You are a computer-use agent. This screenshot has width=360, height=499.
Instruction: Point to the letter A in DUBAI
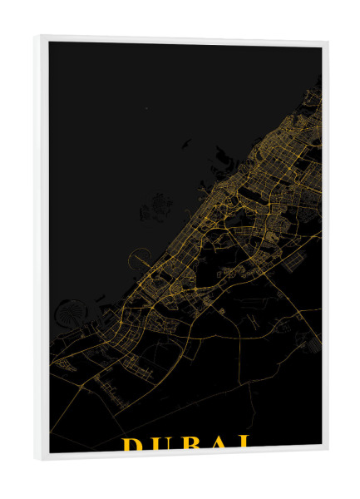[219, 444]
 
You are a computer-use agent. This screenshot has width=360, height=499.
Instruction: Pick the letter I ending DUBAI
[243, 443]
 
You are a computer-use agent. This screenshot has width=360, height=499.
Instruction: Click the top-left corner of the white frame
[37, 37]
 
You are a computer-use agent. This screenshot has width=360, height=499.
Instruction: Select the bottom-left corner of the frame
[37, 458]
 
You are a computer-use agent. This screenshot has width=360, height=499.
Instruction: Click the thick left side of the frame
[42, 249]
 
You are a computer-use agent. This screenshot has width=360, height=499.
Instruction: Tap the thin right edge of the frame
[324, 249]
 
